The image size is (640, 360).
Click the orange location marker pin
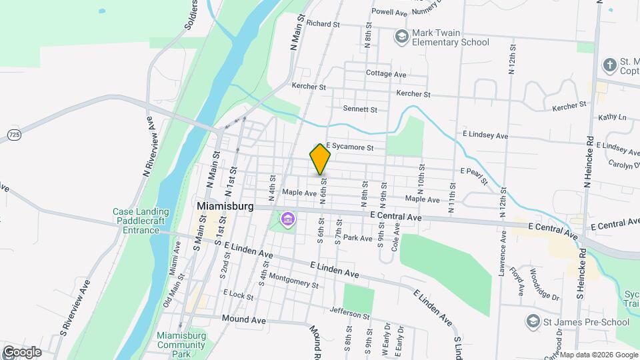tap(320, 159)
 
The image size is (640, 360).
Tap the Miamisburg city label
tap(225, 207)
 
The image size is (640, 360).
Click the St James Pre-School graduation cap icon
tap(532, 321)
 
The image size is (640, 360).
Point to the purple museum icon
tap(288, 219)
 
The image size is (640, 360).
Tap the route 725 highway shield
tap(14, 135)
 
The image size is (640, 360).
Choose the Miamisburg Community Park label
tap(182, 340)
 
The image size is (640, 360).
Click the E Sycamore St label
tap(349, 147)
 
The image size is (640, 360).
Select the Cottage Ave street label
tap(386, 74)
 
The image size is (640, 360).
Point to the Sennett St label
tap(360, 109)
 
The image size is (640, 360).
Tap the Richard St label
tap(324, 24)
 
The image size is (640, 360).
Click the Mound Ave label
tap(244, 320)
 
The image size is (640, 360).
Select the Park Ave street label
tap(357, 238)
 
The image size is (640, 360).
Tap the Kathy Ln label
tap(613, 117)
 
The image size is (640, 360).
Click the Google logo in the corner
tap(21, 351)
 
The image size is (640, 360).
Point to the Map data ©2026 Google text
tap(599, 355)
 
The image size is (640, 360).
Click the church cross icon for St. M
tap(609, 65)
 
